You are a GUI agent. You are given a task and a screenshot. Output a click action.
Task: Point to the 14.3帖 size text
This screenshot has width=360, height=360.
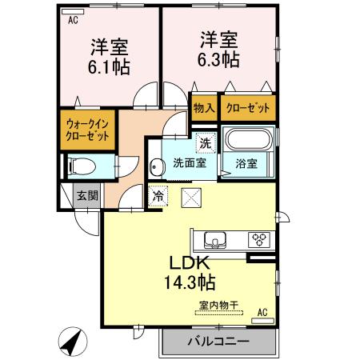pyautogui.click(x=190, y=282)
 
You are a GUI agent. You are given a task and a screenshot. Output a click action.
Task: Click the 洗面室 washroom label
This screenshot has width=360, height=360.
pyautogui.click(x=190, y=163)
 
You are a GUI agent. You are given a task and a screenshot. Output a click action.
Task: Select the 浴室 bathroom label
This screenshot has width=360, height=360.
pyautogui.click(x=246, y=163)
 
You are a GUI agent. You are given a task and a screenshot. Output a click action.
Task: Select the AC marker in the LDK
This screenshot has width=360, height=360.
pyautogui.click(x=262, y=313)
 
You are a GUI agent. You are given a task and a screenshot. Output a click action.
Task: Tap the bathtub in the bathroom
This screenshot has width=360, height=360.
pyautogui.click(x=248, y=141)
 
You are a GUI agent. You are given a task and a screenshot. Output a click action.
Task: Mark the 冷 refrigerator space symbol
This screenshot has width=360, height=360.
pyautogui.click(x=158, y=194)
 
